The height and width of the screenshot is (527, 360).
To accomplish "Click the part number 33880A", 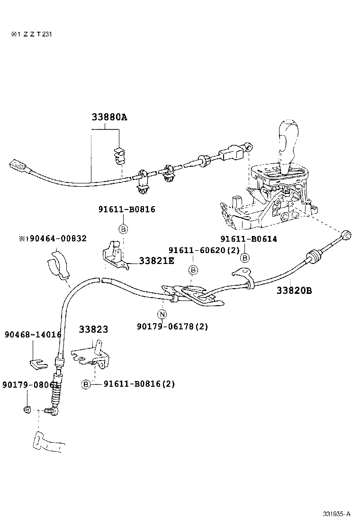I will pyautogui.click(x=109, y=117).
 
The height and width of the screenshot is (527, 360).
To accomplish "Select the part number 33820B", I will pyautogui.click(x=294, y=291).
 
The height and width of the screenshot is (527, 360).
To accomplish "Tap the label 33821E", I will pyautogui.click(x=156, y=261).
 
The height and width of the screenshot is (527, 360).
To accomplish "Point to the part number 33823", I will pyautogui.click(x=93, y=329).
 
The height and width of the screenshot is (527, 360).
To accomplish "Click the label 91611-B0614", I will pyautogui.click(x=249, y=239).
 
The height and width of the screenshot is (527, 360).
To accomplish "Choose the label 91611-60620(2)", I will pyautogui.click(x=204, y=250).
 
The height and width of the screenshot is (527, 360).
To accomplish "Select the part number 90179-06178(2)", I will pyautogui.click(x=172, y=326).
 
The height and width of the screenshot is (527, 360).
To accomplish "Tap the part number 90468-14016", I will pyautogui.click(x=33, y=335).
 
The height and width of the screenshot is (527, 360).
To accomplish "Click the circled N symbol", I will pyautogui.click(x=162, y=314).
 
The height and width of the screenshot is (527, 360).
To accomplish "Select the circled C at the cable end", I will pyautogui.click(x=346, y=235).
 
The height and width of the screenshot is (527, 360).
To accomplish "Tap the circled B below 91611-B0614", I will pyautogui.click(x=245, y=258).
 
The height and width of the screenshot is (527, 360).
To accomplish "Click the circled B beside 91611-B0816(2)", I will pyautogui.click(x=86, y=384).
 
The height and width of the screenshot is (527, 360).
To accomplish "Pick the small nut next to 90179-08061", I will pyautogui.click(x=27, y=409).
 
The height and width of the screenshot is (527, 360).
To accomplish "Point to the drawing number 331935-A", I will pyautogui.click(x=337, y=514).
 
